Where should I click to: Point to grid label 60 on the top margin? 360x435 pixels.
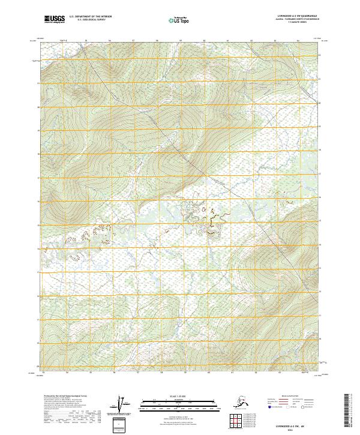204,41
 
